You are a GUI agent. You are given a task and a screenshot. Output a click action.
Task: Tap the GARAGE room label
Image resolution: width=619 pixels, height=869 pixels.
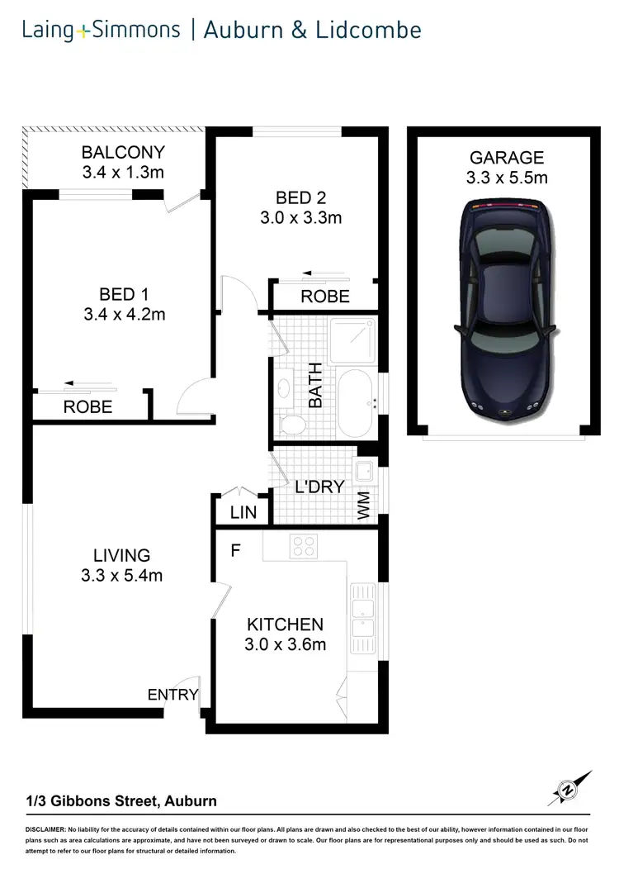[507, 157]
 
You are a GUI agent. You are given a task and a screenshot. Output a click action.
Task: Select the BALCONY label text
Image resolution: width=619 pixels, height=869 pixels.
[123, 153]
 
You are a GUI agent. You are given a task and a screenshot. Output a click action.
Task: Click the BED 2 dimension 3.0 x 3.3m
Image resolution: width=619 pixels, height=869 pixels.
[298, 218]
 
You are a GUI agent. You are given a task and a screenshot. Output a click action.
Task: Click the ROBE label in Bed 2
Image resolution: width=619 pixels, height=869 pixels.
[324, 297]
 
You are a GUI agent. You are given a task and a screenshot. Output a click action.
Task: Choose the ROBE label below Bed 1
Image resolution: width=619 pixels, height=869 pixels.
[87, 407]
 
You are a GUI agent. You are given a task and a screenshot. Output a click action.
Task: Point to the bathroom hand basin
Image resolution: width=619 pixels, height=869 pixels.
[283, 387]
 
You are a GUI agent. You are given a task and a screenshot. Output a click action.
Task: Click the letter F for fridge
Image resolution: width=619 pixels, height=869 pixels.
[235, 551]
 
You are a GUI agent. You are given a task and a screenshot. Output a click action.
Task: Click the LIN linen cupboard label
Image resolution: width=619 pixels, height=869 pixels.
[243, 513]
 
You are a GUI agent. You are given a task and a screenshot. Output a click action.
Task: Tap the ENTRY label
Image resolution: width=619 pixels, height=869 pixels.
[172, 695]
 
